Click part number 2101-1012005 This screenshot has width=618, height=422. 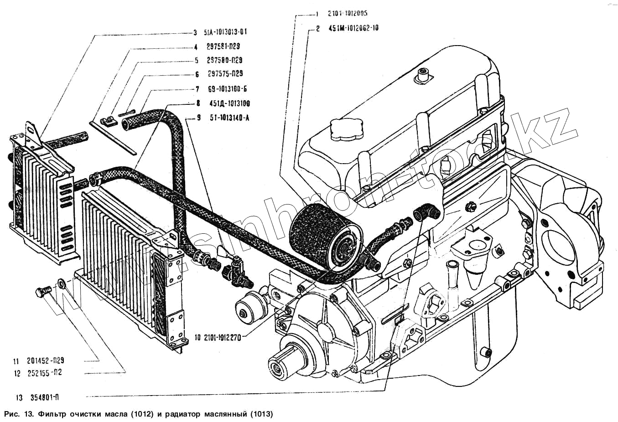[347, 14]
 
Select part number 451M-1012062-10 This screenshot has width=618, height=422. [353, 28]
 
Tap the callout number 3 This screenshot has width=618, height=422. [195, 32]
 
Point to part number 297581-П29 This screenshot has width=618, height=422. [223, 46]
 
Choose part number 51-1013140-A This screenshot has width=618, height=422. [229, 118]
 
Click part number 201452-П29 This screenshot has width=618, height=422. [45, 360]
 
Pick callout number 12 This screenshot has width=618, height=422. [17, 374]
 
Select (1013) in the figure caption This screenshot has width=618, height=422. [261, 414]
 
